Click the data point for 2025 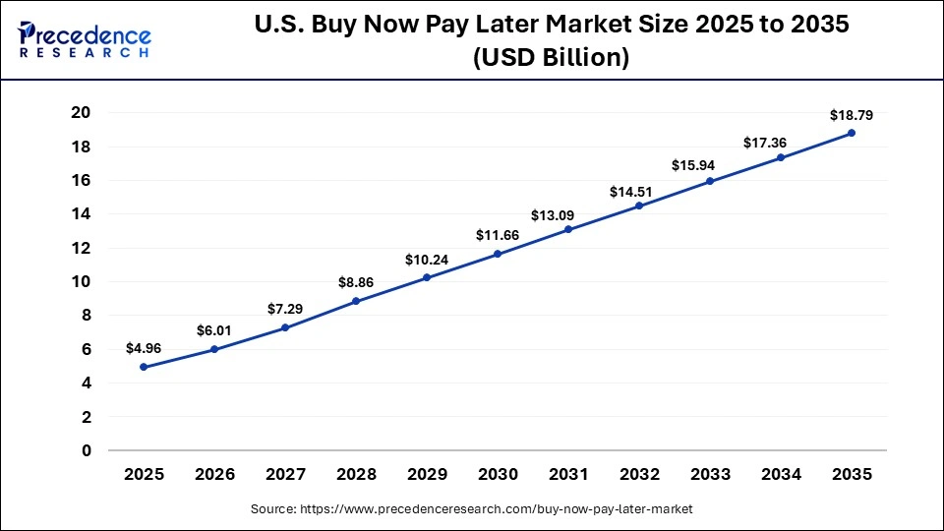click(144, 367)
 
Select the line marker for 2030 click(498, 254)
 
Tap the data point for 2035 click(852, 133)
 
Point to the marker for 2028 click(356, 301)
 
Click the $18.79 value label click(852, 114)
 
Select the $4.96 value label click(144, 348)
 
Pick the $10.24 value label click(427, 260)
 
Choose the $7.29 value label click(285, 309)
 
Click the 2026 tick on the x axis click(214, 474)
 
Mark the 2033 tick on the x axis click(710, 474)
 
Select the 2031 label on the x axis click(568, 474)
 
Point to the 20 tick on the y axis click(81, 113)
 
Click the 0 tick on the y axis click(86, 450)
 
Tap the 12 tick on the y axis click(81, 248)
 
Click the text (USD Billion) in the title click(551, 58)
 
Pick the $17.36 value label click(781, 144)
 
